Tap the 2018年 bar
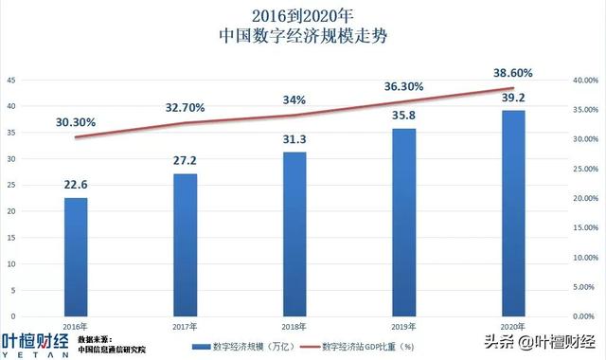click(x=294, y=233)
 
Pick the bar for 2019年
click(x=403, y=221)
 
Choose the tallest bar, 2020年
click(x=513, y=212)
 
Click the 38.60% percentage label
click(x=512, y=72)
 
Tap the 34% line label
click(x=294, y=99)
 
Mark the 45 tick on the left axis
click(x=10, y=81)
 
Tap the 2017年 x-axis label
click(x=185, y=325)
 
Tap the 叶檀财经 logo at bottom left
click(x=35, y=342)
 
